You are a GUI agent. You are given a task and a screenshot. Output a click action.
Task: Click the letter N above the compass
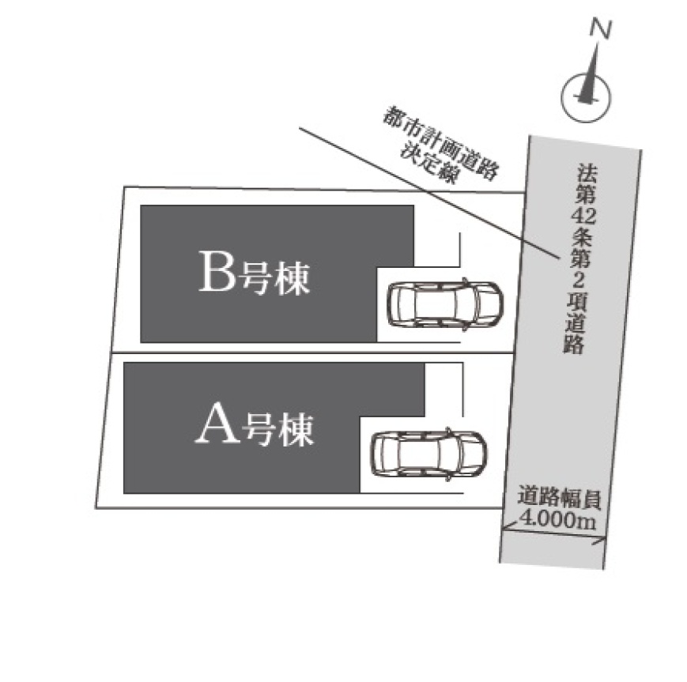(602, 29)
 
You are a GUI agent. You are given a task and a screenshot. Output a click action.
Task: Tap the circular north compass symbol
(586, 95)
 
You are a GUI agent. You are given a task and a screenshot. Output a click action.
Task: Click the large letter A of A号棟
(217, 427)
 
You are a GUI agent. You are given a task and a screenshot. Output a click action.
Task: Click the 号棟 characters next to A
(277, 430)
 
